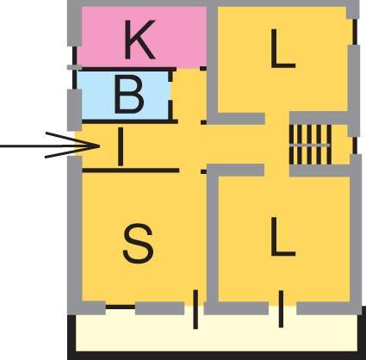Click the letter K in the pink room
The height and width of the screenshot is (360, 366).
[x=140, y=40]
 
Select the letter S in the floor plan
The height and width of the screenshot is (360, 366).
[x=138, y=244]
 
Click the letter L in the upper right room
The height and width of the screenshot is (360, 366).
[x=282, y=48]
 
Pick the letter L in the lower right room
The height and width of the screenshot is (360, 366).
[x=282, y=236]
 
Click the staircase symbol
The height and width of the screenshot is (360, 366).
[x=311, y=144]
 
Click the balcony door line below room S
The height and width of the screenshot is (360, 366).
[x=195, y=309]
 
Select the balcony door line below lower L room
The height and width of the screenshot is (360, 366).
[x=281, y=309]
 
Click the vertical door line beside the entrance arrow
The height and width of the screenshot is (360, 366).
[x=121, y=146]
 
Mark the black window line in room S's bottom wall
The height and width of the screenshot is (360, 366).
[x=121, y=307]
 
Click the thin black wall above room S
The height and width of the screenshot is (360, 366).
[x=131, y=171]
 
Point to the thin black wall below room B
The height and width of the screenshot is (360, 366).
[x=130, y=121]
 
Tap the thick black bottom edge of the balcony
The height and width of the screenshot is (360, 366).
[x=217, y=356]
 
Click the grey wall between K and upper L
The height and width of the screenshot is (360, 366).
[x=213, y=62]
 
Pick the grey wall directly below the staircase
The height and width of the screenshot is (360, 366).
[x=319, y=171]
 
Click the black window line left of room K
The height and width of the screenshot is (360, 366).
[x=75, y=55]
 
